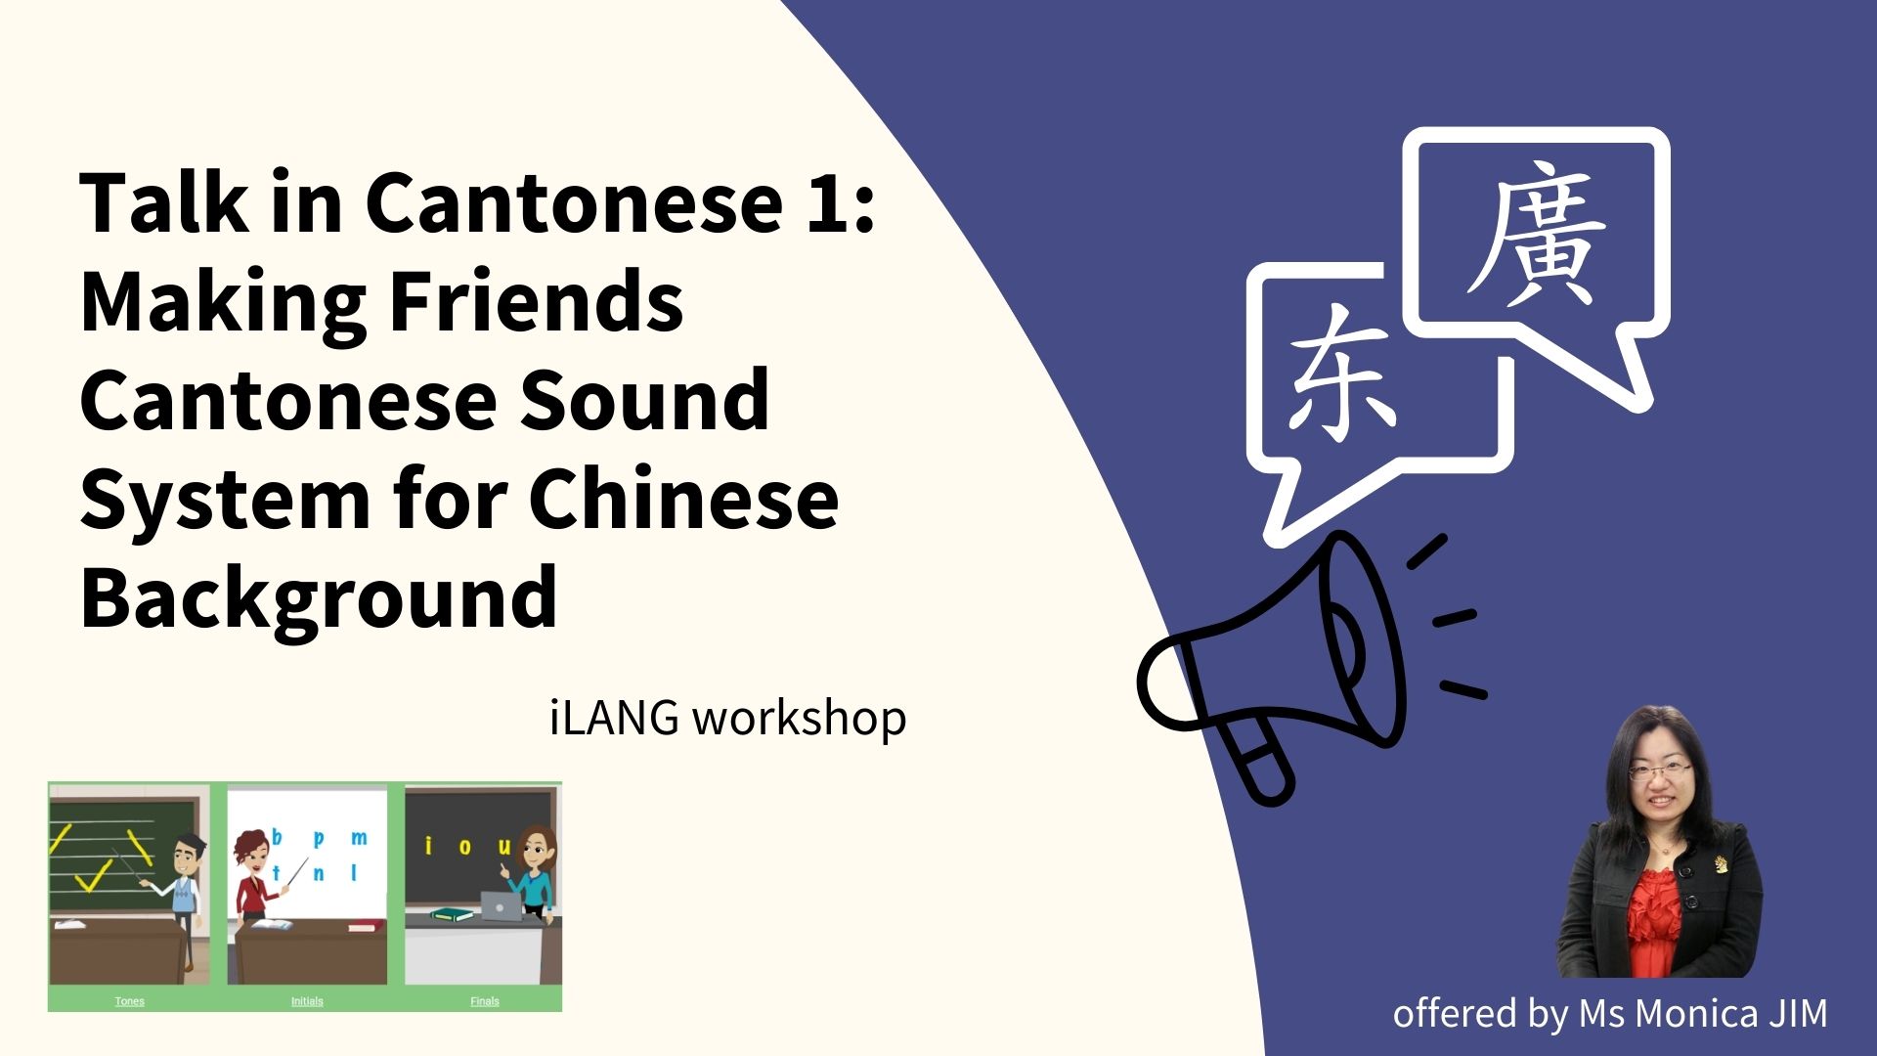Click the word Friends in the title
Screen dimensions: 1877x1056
click(536, 301)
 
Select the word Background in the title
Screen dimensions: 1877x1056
click(319, 598)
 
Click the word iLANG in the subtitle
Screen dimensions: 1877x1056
click(614, 718)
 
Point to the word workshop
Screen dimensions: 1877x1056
click(799, 720)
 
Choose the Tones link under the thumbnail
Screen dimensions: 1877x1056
click(129, 1000)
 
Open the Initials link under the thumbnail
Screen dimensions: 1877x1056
click(307, 1000)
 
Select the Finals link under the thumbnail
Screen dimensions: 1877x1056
click(485, 1000)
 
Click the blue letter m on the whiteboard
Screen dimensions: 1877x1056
click(359, 838)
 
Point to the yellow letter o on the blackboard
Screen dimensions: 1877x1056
click(464, 846)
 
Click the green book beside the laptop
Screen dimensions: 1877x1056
click(452, 915)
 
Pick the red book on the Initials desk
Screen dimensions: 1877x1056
click(362, 925)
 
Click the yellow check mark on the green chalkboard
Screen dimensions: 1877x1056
click(93, 877)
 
